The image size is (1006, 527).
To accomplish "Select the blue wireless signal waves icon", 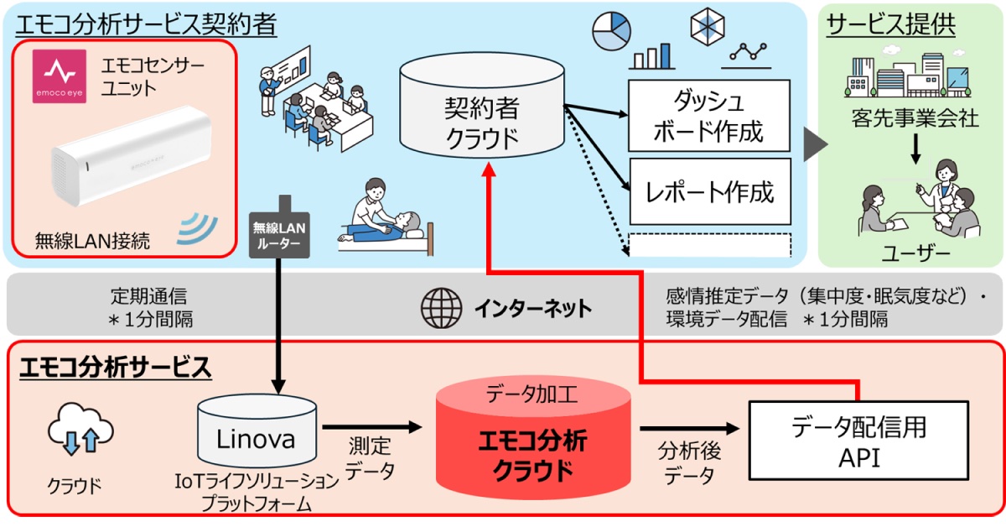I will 199,229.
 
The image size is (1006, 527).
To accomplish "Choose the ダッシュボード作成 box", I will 708,117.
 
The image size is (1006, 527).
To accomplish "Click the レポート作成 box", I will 708,192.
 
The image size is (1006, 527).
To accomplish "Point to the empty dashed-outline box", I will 708,244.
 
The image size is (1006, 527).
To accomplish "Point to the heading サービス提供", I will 891,24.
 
